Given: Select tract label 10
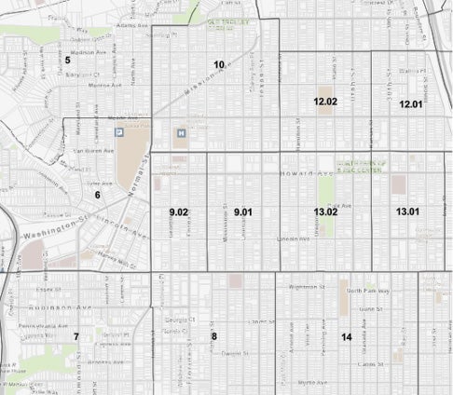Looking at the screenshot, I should [219, 64].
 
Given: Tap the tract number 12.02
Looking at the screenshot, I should [324, 101].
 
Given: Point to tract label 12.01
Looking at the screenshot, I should [410, 103].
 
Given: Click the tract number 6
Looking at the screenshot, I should [96, 195].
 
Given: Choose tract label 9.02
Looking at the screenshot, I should [179, 213].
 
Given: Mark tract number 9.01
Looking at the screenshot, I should [243, 213].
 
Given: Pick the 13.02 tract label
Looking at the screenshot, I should [325, 212].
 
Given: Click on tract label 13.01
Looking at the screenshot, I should [407, 212].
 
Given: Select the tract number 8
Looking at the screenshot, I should [213, 336].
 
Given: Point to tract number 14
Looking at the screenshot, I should [346, 336].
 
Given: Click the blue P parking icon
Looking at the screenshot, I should [118, 133].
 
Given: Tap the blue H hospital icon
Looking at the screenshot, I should [181, 132].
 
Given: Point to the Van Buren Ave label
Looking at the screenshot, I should [91, 150].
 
